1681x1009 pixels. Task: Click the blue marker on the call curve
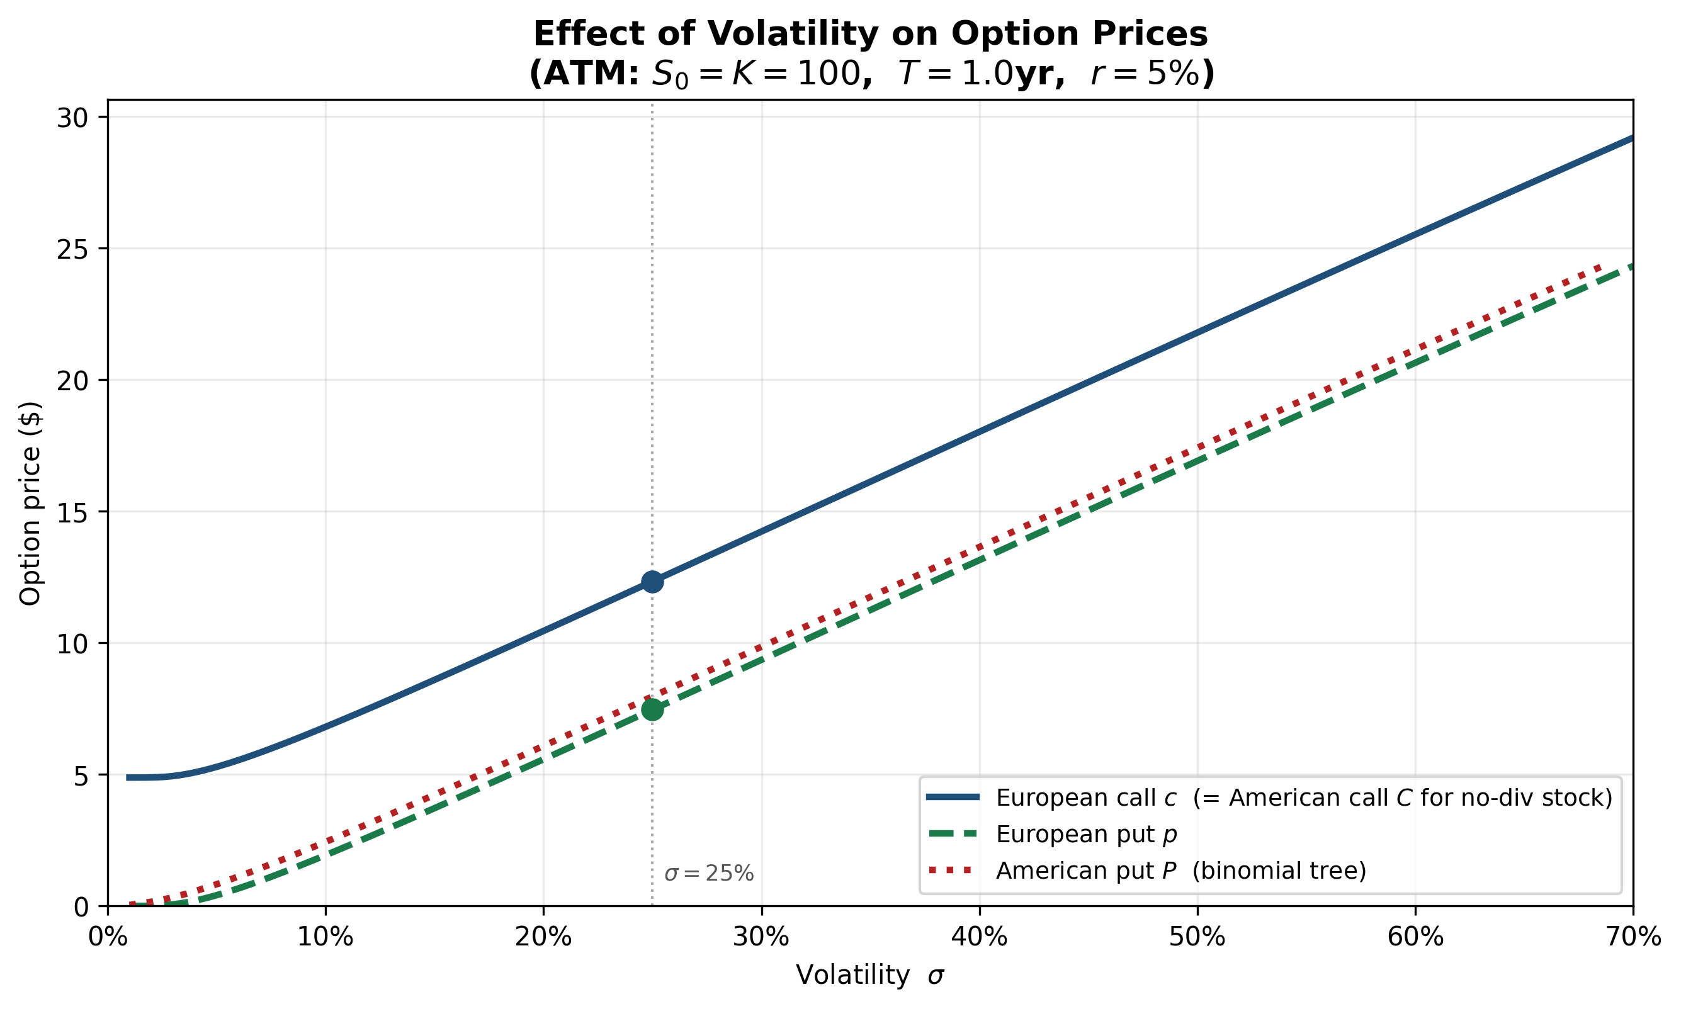tap(652, 582)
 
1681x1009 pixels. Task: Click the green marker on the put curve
tap(652, 709)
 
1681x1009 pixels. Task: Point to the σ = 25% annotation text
tap(708, 874)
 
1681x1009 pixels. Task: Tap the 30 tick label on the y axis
tap(73, 118)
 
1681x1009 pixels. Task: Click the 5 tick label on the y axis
tap(81, 775)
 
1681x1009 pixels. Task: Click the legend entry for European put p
tap(1086, 834)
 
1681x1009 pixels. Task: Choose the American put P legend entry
tap(1180, 871)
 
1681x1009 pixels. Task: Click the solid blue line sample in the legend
tap(953, 798)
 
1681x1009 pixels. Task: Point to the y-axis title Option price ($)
tap(31, 503)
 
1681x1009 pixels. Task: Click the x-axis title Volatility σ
tap(869, 975)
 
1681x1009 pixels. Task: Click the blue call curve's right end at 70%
tap(1629, 139)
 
